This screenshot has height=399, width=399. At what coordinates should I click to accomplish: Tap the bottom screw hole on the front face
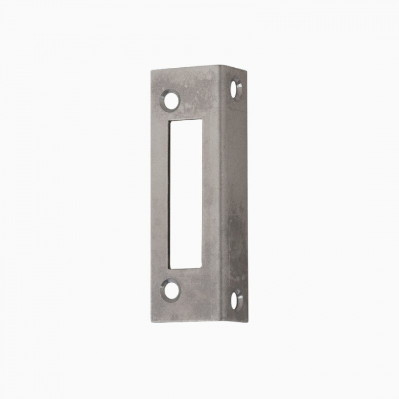(x=169, y=290)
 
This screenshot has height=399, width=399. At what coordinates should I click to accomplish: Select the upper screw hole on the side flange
(x=237, y=89)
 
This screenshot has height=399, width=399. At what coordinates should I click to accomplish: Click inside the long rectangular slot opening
(x=186, y=194)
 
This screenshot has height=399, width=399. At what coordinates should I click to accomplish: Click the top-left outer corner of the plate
(x=152, y=71)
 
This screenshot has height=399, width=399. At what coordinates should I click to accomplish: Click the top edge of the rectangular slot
(x=186, y=120)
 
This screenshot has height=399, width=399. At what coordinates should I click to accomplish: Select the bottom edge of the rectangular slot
(x=186, y=269)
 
